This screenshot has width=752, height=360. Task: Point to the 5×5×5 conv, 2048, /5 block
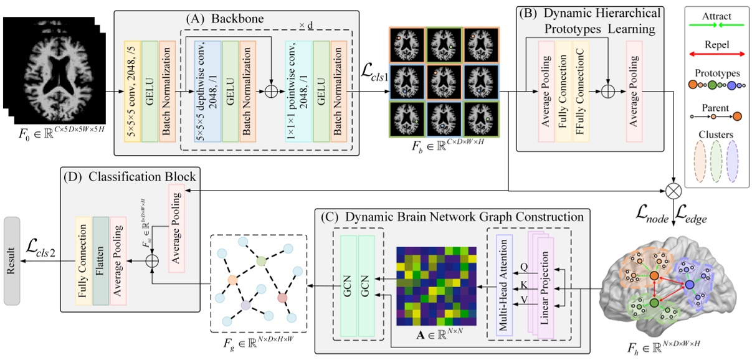point(132,92)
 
